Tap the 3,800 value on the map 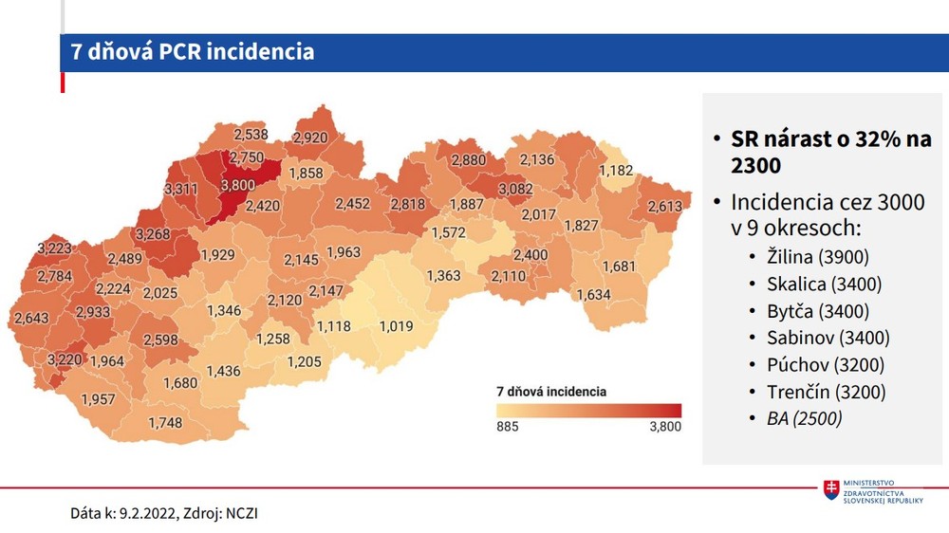pyautogui.click(x=238, y=185)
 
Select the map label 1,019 pyautogui.click(x=396, y=327)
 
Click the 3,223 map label pyautogui.click(x=54, y=248)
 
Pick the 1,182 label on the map pyautogui.click(x=616, y=170)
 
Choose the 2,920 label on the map pyautogui.click(x=309, y=138)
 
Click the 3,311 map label pyautogui.click(x=180, y=190)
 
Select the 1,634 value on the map pyautogui.click(x=593, y=295)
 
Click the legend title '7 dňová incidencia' pyautogui.click(x=551, y=391)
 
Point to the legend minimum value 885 pyautogui.click(x=508, y=427)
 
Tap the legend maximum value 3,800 pyautogui.click(x=664, y=427)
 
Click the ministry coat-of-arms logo pyautogui.click(x=831, y=490)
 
